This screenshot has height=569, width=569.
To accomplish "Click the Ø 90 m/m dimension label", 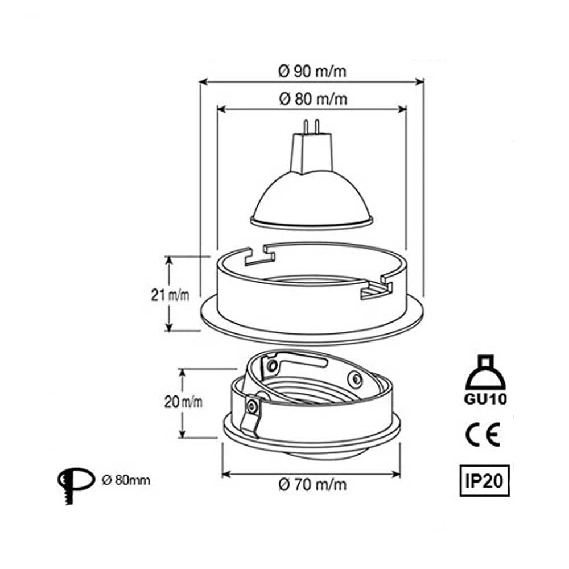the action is [312, 71].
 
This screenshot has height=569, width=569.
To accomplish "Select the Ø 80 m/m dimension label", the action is [313, 98].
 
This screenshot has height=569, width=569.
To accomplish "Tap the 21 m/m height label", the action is [170, 295].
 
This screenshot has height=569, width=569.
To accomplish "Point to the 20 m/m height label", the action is [183, 402].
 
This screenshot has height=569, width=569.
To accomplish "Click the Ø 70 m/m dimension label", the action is [312, 484].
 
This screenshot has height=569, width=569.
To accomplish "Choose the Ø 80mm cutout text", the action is [126, 480].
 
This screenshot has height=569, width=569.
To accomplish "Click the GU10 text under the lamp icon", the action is [485, 399].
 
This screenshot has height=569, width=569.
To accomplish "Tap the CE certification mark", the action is [483, 434].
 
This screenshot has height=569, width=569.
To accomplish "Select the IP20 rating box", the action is [484, 480].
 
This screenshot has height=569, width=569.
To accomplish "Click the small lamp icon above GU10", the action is [485, 373].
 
